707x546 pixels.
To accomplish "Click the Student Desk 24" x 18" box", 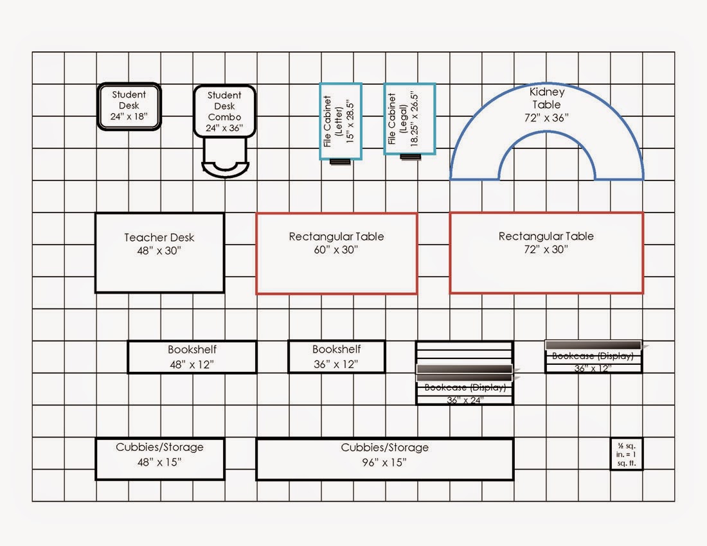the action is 129,107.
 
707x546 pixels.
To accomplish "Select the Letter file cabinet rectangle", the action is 341,121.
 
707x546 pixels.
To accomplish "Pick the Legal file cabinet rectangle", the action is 409,119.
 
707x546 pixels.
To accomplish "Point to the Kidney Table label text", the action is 546,98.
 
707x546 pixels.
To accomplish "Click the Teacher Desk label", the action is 159,238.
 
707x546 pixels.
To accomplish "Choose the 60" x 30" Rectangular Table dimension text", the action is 336,250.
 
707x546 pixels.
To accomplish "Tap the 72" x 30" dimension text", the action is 546,250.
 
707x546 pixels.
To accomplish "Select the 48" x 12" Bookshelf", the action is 192,357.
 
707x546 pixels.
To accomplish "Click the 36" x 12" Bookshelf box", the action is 336,357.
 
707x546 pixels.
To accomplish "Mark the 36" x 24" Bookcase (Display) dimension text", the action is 465,400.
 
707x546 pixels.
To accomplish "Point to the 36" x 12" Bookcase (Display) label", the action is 593,356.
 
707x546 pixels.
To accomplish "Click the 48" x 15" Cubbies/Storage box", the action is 159,459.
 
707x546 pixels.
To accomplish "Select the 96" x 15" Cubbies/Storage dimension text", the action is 384,462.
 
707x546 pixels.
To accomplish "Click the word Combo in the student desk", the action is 224,117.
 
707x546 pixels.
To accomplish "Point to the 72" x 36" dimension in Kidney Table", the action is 546,118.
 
